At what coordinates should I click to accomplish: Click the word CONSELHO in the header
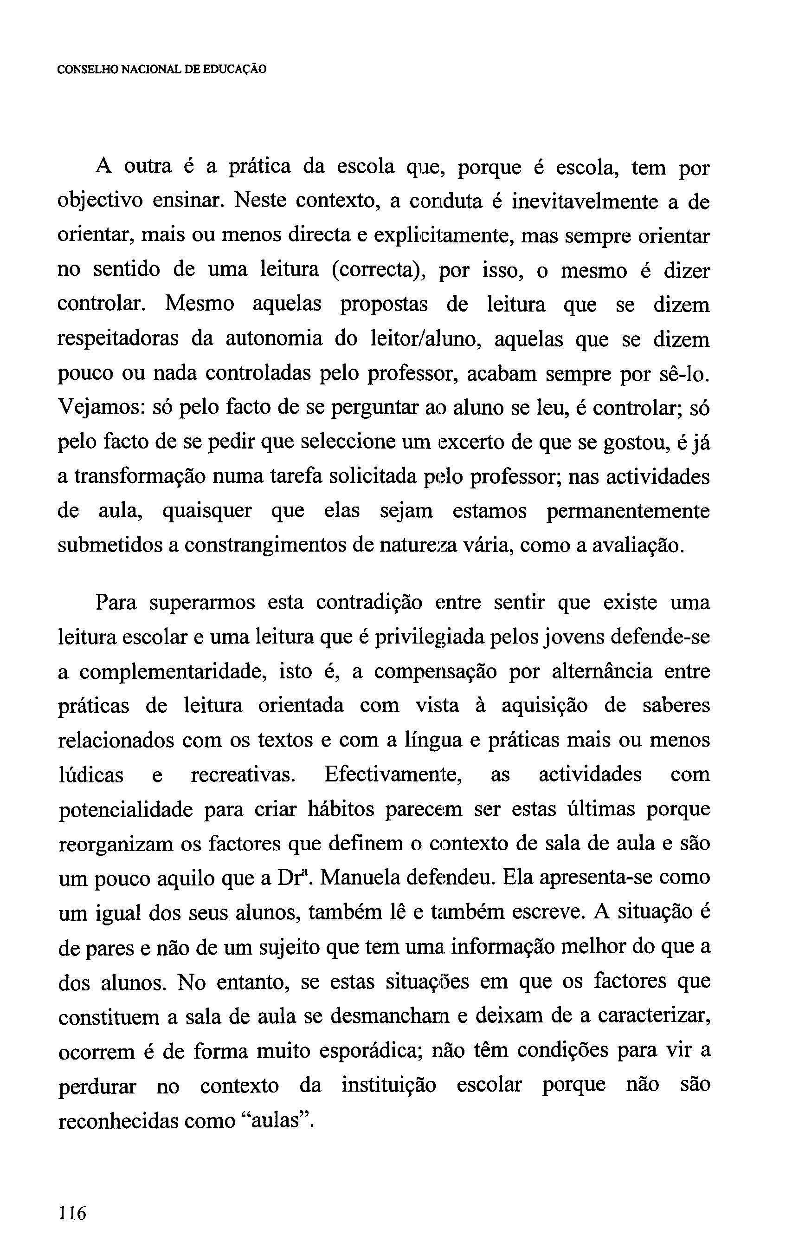[88, 69]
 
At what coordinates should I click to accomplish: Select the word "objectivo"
[100, 201]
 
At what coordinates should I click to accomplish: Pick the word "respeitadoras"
[118, 339]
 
